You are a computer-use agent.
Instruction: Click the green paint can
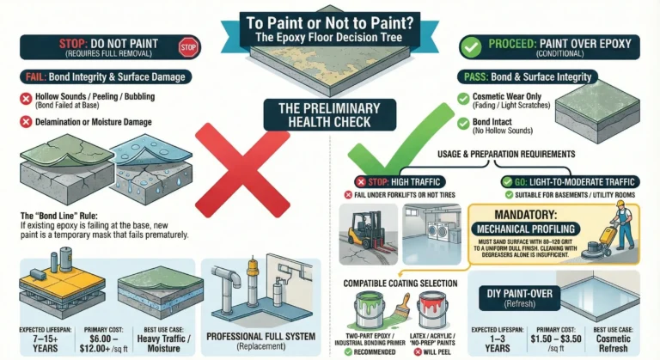point(371,311)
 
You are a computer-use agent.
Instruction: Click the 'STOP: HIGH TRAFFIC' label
point(393,181)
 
